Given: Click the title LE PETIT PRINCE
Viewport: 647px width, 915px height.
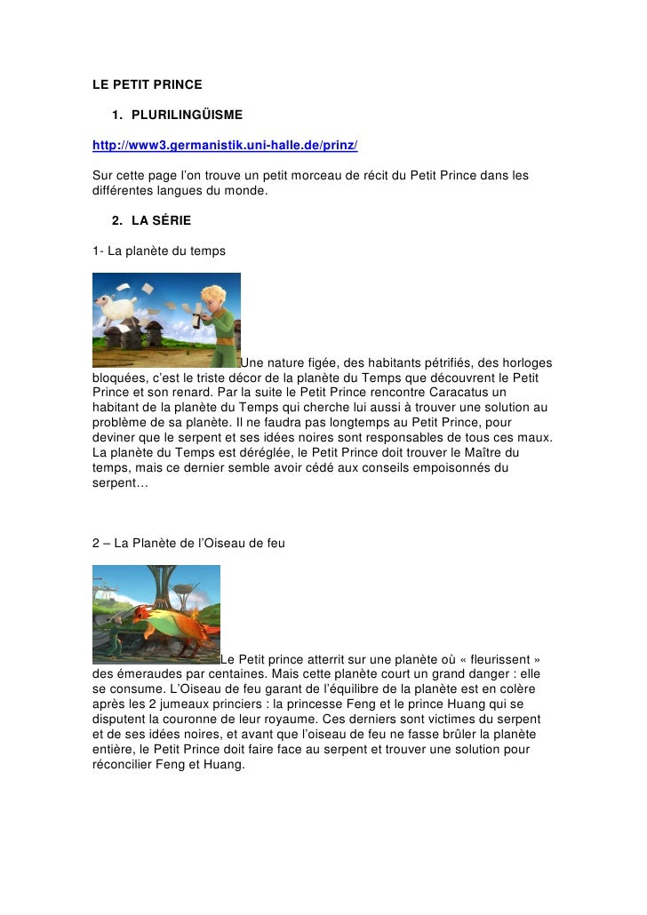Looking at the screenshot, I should (x=148, y=85).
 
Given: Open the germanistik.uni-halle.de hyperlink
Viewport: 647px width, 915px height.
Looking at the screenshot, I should (x=225, y=144).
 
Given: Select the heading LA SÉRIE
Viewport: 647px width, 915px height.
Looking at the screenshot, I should (x=161, y=220).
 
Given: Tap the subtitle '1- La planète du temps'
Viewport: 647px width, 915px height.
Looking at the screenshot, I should (x=159, y=251).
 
